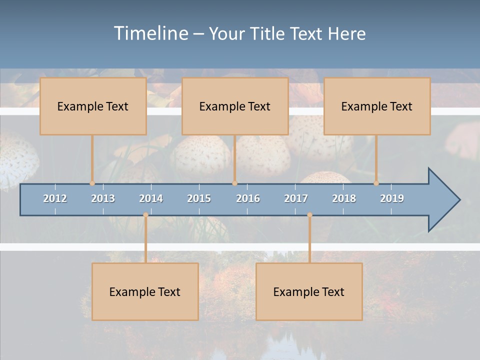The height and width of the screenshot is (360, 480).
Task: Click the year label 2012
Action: [55, 198]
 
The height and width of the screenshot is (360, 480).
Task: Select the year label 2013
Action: [103, 198]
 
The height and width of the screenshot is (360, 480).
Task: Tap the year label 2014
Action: [151, 198]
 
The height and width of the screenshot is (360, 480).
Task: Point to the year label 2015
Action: [199, 198]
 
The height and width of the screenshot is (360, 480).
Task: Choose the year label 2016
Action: [248, 198]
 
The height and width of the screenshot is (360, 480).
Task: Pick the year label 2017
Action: [296, 198]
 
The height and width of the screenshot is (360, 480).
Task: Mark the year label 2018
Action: [344, 198]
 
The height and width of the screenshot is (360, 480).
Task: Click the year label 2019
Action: [392, 198]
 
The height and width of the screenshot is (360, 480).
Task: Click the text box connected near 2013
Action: [93, 106]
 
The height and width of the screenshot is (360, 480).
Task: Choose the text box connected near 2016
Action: [235, 106]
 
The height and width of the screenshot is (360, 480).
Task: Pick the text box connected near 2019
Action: [377, 106]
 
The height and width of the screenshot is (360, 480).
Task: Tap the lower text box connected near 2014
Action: [145, 291]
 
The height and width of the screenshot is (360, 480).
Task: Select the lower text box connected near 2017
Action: [309, 291]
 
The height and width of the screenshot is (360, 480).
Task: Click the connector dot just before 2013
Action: [92, 183]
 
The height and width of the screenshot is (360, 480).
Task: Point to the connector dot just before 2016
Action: [234, 183]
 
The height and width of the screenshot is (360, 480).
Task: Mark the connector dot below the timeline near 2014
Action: [145, 215]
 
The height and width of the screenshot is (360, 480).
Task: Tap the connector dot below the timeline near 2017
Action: [309, 215]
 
